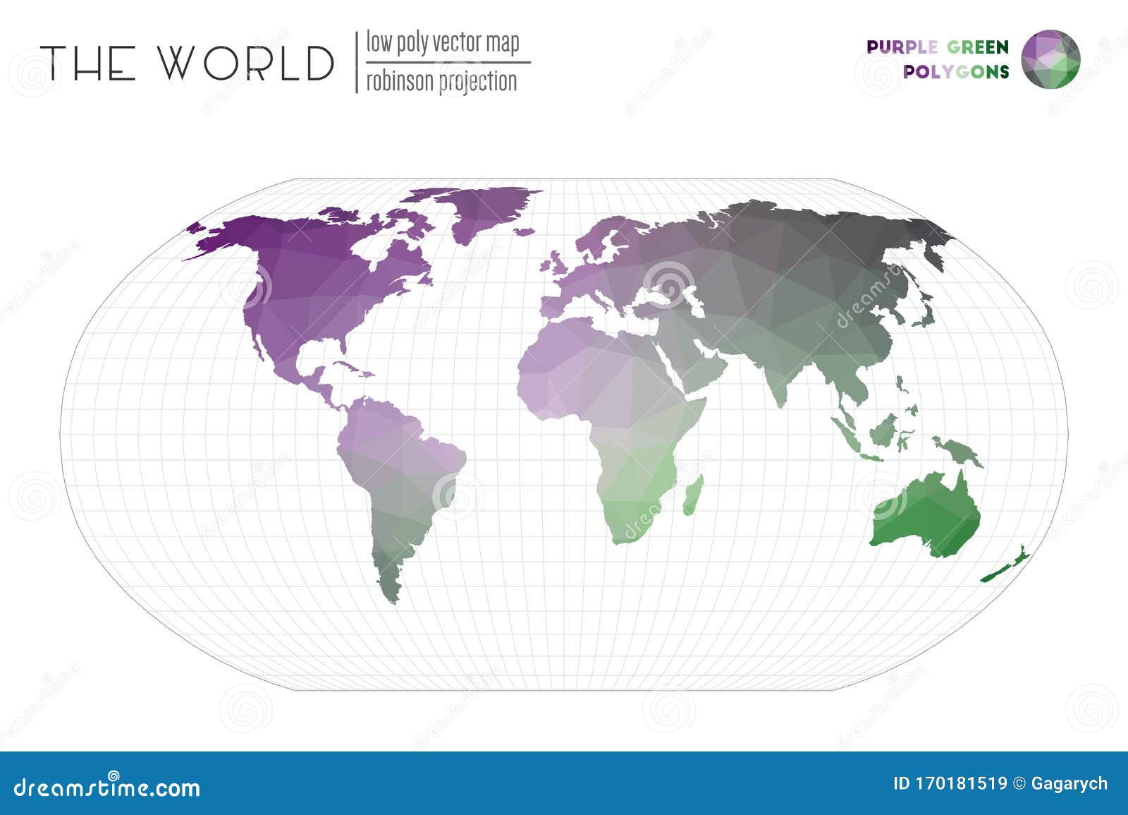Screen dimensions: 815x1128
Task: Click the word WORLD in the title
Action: tap(245, 63)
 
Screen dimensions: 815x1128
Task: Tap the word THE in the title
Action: tap(88, 63)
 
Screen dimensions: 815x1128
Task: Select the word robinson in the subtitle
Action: tap(399, 82)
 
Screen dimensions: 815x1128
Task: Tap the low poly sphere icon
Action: tap(1050, 59)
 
